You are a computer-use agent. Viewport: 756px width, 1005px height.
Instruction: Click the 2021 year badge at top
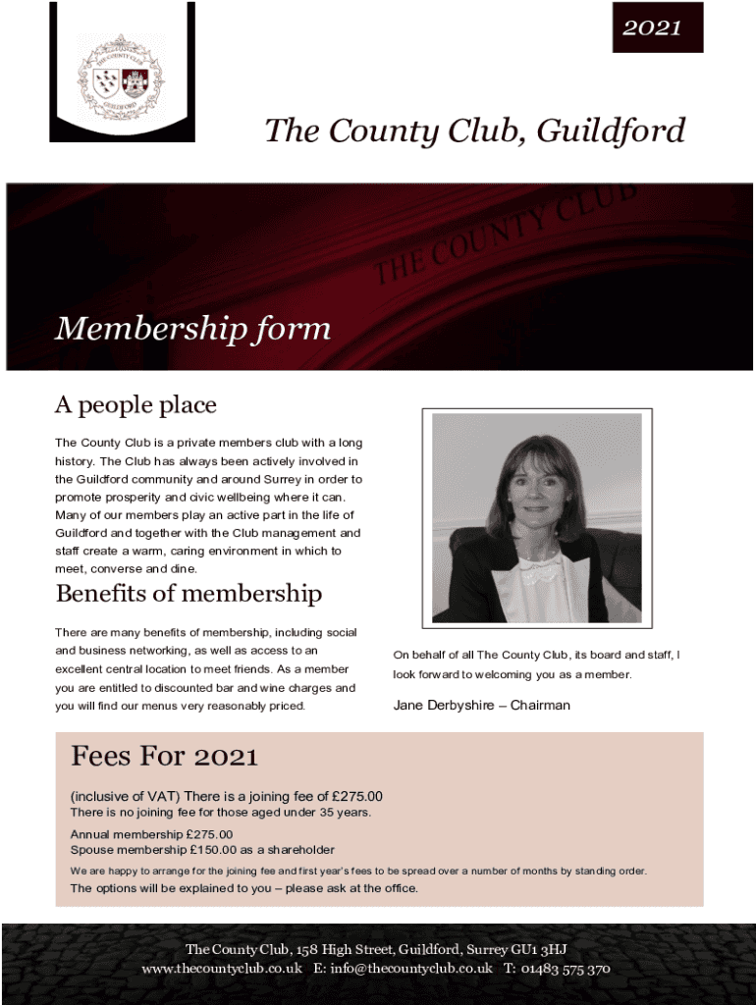pyautogui.click(x=652, y=27)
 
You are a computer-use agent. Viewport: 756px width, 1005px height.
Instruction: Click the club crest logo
pyautogui.click(x=122, y=76)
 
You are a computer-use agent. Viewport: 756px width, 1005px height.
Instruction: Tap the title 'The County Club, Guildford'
pyautogui.click(x=474, y=131)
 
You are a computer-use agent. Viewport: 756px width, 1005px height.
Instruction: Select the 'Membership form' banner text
pyautogui.click(x=192, y=329)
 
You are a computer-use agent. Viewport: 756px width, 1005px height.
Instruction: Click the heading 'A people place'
pyautogui.click(x=135, y=404)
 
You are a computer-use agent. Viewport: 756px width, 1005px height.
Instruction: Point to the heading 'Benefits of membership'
pyautogui.click(x=189, y=594)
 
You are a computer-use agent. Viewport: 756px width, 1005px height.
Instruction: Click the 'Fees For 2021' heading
pyautogui.click(x=164, y=757)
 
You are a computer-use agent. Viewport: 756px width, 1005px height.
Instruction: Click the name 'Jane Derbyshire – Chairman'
pyautogui.click(x=481, y=705)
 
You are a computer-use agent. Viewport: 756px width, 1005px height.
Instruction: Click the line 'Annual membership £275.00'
pyautogui.click(x=151, y=834)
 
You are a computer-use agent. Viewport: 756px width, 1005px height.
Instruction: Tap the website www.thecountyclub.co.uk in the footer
pyautogui.click(x=222, y=969)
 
